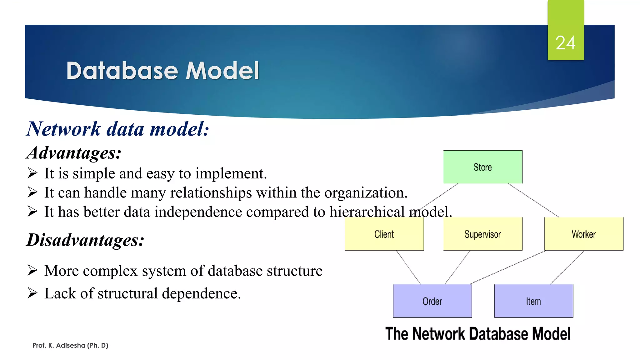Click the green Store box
point(482,167)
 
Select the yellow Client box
point(384,234)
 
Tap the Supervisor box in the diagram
point(482,234)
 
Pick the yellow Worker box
point(583,234)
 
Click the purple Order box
point(432,301)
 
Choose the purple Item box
point(533,301)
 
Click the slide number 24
point(565,43)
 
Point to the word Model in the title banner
point(222,71)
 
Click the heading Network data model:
point(117,129)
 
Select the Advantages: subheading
point(74,153)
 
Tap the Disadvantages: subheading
point(85,240)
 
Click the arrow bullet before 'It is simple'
point(32,173)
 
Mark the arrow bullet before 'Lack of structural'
point(32,293)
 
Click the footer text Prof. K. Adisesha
point(70,345)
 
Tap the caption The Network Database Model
point(477,334)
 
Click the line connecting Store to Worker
point(533,200)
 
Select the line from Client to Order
point(408,267)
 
